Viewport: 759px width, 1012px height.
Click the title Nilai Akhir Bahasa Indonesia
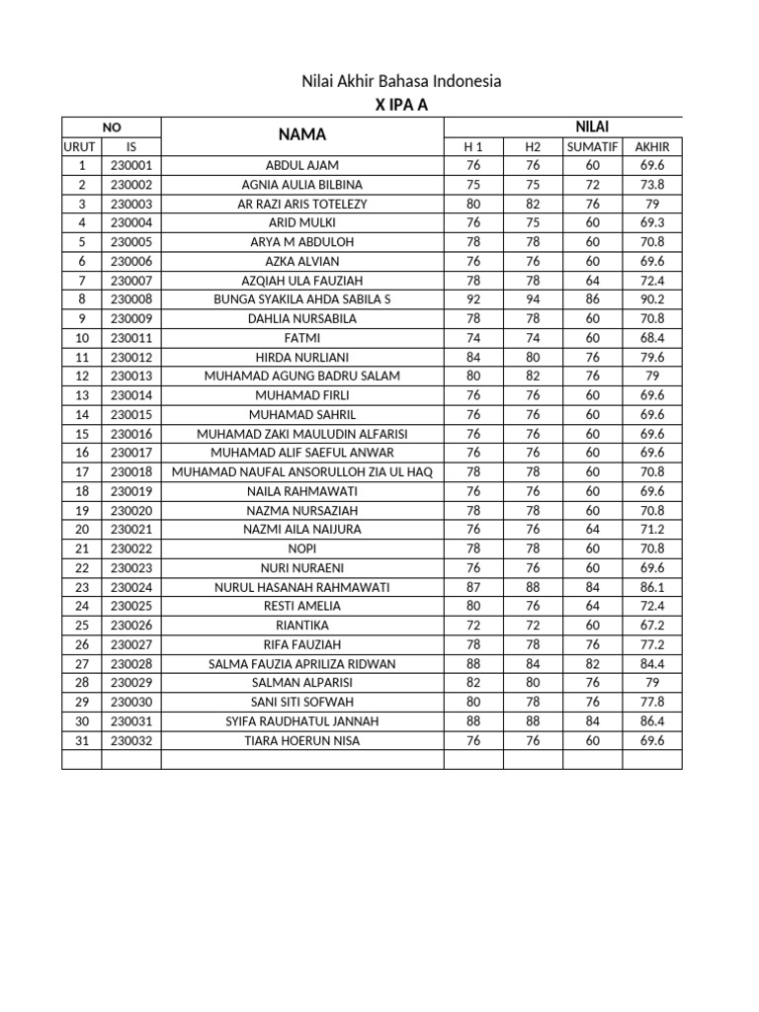tap(401, 81)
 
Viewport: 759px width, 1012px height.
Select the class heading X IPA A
tap(401, 106)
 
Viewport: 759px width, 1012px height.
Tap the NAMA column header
tap(301, 134)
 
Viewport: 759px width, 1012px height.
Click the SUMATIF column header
tap(592, 146)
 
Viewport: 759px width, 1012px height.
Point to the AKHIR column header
tap(652, 146)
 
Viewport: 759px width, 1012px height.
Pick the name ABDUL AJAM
tap(302, 165)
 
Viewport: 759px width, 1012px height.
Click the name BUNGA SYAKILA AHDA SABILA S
tap(302, 299)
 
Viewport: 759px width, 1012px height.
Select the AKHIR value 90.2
tap(652, 299)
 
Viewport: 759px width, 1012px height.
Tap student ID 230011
tap(131, 338)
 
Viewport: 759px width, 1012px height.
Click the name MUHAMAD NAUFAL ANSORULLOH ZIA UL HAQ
tap(302, 471)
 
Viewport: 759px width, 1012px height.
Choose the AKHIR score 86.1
tap(652, 587)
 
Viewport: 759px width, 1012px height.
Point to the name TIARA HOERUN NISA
tap(302, 740)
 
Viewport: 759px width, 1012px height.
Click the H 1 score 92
tap(473, 299)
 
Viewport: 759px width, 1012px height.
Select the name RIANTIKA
tap(302, 626)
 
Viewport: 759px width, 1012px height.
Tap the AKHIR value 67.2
tap(652, 626)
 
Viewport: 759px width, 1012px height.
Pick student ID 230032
tap(131, 740)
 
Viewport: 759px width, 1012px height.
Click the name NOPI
tap(302, 548)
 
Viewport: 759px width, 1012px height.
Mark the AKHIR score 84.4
tap(652, 664)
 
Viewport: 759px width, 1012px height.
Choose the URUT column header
tap(81, 146)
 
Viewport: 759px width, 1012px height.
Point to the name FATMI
tap(302, 338)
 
